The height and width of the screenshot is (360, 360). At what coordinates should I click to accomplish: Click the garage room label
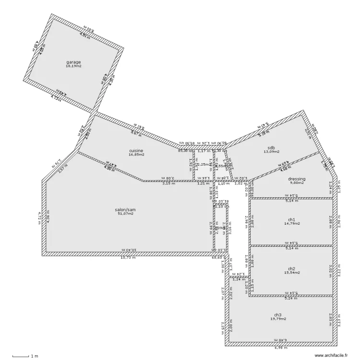(73, 62)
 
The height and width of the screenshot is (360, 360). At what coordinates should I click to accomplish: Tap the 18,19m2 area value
(73, 66)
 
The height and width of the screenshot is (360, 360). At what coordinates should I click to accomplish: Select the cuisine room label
(136, 151)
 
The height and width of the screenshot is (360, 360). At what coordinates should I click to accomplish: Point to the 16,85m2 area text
(136, 155)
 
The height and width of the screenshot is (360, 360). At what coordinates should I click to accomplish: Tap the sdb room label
(271, 148)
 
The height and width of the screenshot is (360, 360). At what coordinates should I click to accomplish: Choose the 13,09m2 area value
(271, 152)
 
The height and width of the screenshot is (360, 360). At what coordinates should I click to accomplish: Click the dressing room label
(297, 179)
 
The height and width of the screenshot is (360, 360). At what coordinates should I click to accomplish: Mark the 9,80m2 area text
(297, 182)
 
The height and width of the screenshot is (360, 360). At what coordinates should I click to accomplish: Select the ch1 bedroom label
(291, 219)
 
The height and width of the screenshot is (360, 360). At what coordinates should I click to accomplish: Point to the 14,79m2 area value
(291, 223)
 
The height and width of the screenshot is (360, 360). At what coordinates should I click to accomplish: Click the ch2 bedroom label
(291, 268)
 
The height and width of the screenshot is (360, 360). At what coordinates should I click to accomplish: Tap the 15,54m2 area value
(291, 272)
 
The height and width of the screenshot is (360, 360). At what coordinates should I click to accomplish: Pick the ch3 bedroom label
(278, 314)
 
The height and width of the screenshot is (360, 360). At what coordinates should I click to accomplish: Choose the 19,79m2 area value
(278, 318)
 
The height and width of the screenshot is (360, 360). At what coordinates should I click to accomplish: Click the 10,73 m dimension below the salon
(127, 257)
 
